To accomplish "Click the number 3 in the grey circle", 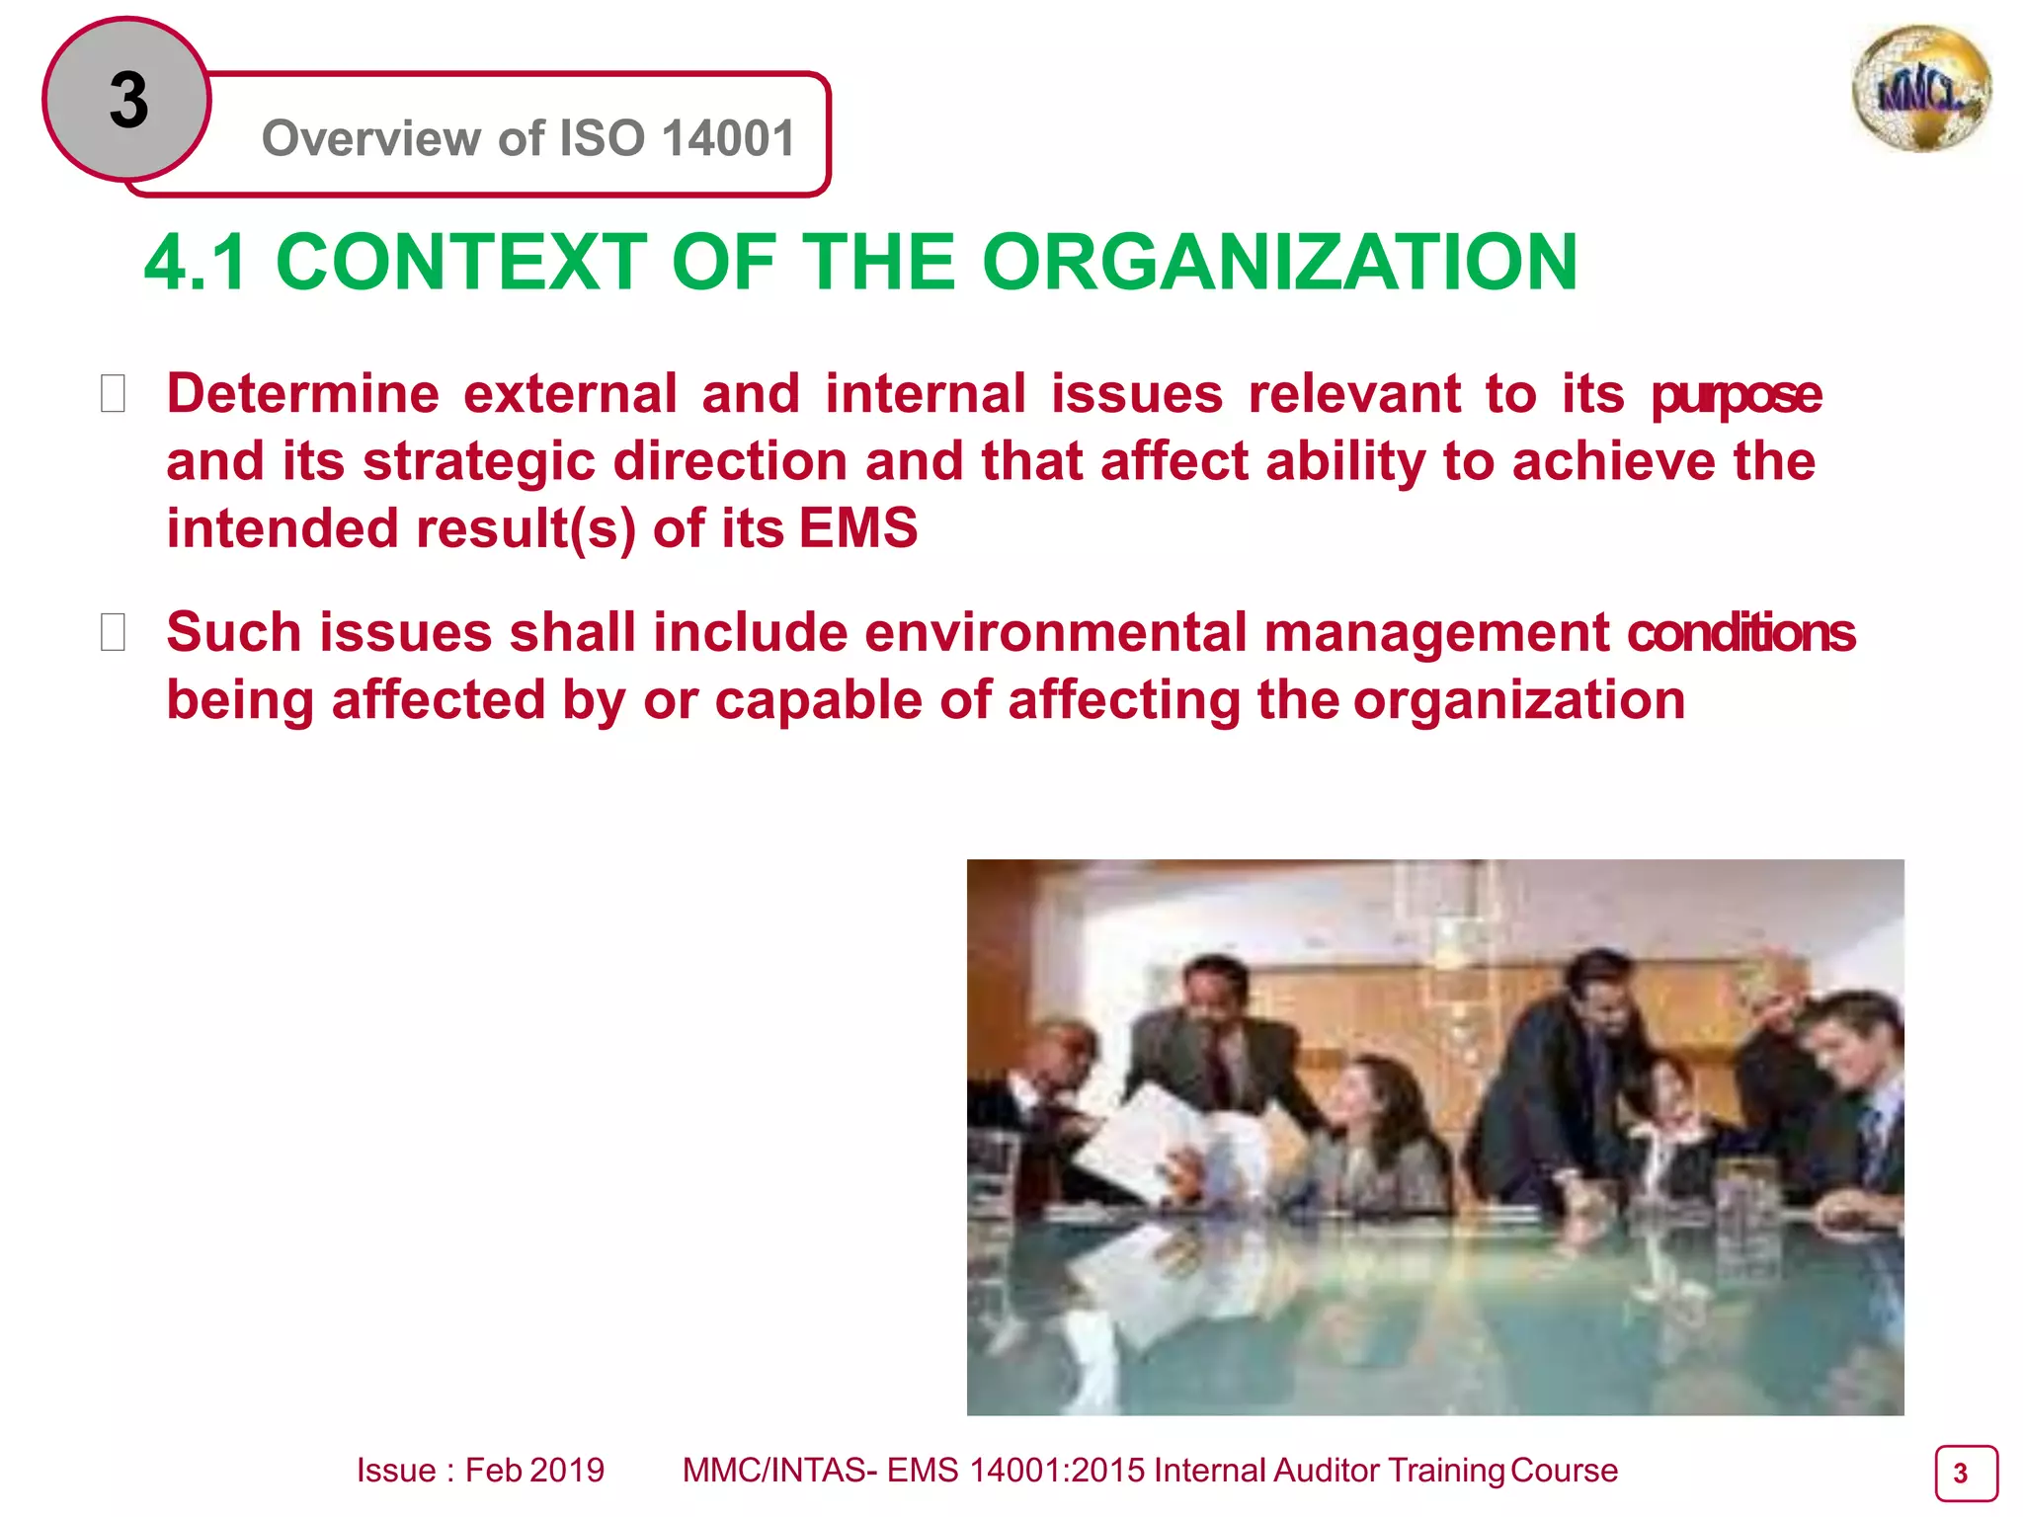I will [128, 101].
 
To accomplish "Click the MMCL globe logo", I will [1921, 90].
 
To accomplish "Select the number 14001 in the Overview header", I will [728, 138].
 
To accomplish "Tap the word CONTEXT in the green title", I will [461, 263].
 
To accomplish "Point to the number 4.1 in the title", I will [195, 263].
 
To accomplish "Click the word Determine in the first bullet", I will [302, 394].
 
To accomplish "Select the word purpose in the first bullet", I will [1736, 394].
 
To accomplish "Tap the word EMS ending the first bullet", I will [857, 528].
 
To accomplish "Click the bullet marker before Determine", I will [113, 394].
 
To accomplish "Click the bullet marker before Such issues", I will [113, 632].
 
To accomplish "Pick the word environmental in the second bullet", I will [1056, 632].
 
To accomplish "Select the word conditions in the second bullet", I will [1741, 632].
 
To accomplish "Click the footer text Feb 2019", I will [534, 1471].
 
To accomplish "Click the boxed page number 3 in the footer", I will [1965, 1474].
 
